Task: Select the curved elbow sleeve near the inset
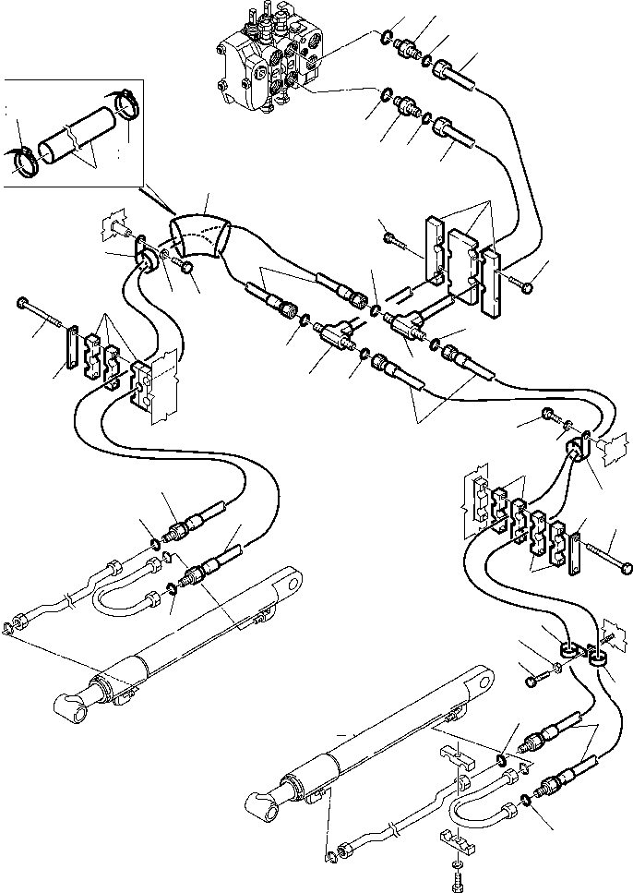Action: tap(202, 236)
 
